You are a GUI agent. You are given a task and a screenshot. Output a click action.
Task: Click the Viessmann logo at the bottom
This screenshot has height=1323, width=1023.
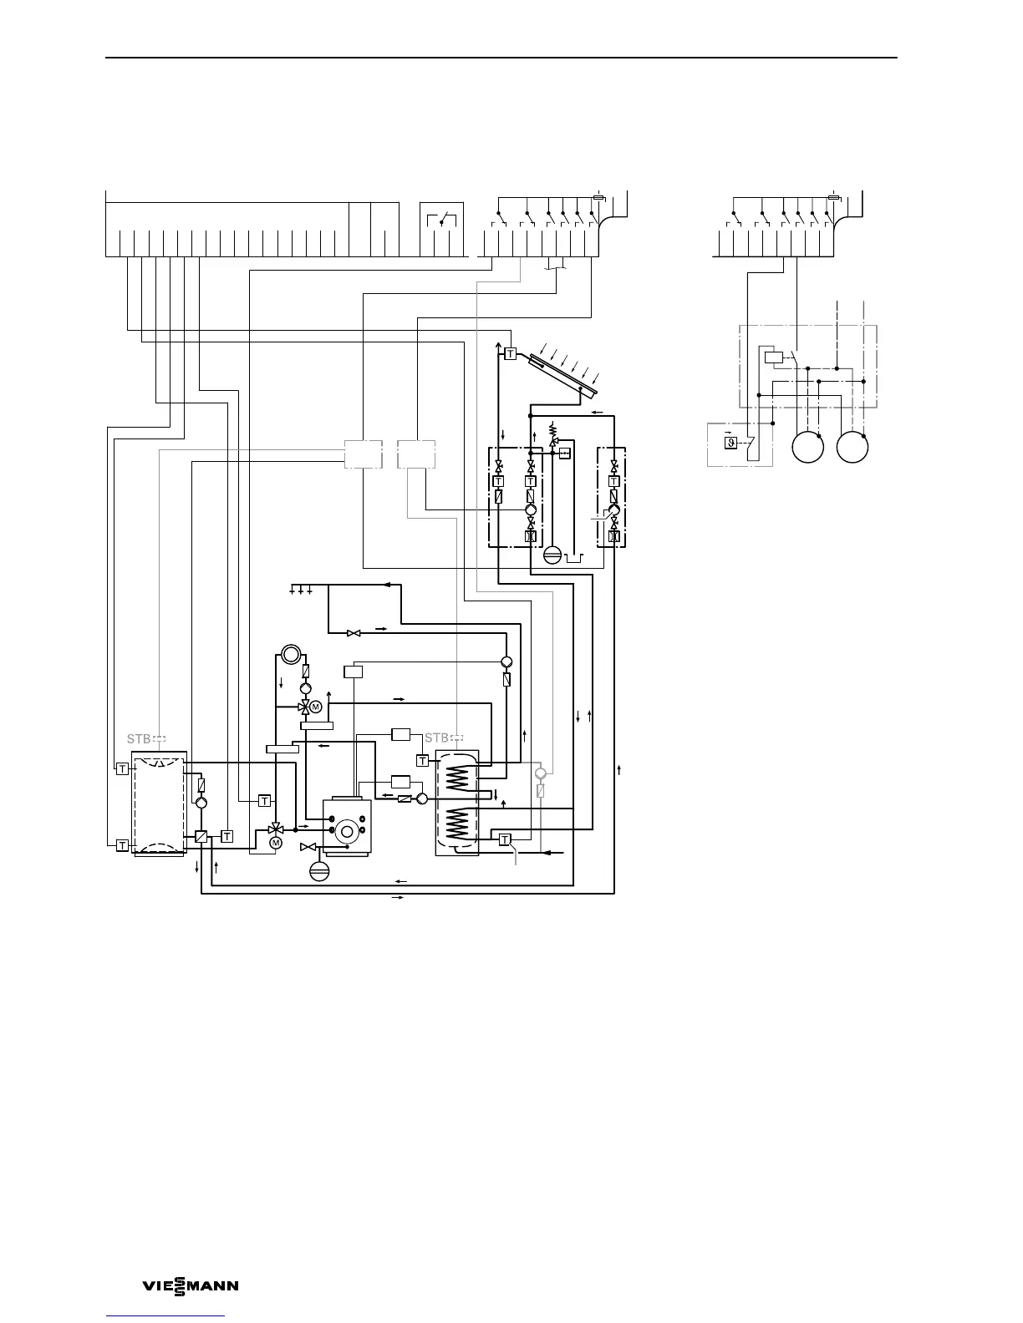191,1286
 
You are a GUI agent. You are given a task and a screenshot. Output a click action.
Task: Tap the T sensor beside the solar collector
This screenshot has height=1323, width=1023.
510,355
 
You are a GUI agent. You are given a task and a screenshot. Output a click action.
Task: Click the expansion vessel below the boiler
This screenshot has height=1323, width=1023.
319,869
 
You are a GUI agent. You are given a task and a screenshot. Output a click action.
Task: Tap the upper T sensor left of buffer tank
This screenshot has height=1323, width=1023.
122,768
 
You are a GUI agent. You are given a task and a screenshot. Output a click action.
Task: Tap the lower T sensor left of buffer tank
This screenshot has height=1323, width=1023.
122,845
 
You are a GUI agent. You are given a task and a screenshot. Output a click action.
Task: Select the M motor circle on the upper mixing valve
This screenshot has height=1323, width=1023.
316,707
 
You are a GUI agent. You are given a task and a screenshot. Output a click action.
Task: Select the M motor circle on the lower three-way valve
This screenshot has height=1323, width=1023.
276,844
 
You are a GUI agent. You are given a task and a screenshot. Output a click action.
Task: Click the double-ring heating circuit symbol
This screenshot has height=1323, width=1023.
289,654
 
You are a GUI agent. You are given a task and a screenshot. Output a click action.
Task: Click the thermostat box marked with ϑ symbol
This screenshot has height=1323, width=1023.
730,443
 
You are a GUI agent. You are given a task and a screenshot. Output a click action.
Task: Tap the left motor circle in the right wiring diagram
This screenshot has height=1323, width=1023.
808,447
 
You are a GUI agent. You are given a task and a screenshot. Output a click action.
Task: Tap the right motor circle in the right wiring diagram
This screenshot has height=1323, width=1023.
853,447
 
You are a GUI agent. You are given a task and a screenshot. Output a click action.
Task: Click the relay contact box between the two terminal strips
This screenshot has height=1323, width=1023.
441,220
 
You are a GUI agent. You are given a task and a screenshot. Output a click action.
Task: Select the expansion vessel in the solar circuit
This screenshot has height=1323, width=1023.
552,555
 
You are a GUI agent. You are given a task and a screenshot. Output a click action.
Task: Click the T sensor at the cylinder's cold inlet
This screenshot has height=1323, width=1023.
505,839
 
